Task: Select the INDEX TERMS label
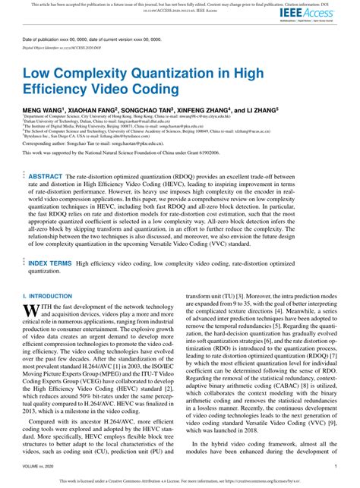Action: click(51, 263)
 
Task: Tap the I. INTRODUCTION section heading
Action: click(47, 294)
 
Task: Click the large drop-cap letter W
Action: click(30, 310)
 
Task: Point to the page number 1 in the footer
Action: click(335, 468)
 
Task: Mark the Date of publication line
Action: click(99, 38)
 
